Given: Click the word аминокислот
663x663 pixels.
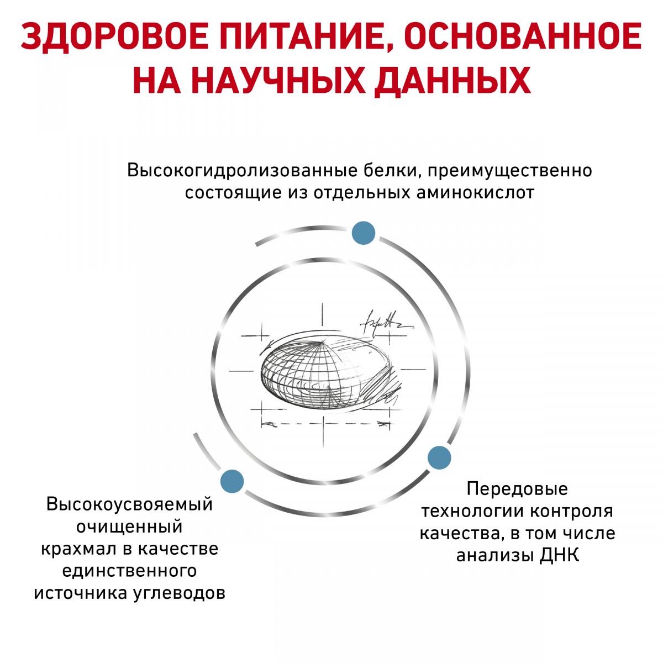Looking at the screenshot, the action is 475,193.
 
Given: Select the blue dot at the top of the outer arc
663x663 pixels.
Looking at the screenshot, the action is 364,233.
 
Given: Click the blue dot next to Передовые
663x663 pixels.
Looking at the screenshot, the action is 439,457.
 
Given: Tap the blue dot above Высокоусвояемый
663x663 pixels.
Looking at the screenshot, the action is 232,481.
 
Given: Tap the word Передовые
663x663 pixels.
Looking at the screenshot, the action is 517,489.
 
